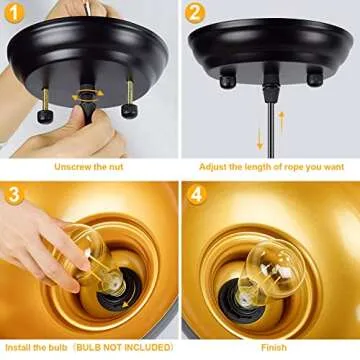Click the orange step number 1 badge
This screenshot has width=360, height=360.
click(17, 15)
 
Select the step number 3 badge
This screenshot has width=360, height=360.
click(17, 196)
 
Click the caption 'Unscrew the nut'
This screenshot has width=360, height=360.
click(90, 166)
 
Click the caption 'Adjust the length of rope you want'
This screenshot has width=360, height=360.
click(270, 166)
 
